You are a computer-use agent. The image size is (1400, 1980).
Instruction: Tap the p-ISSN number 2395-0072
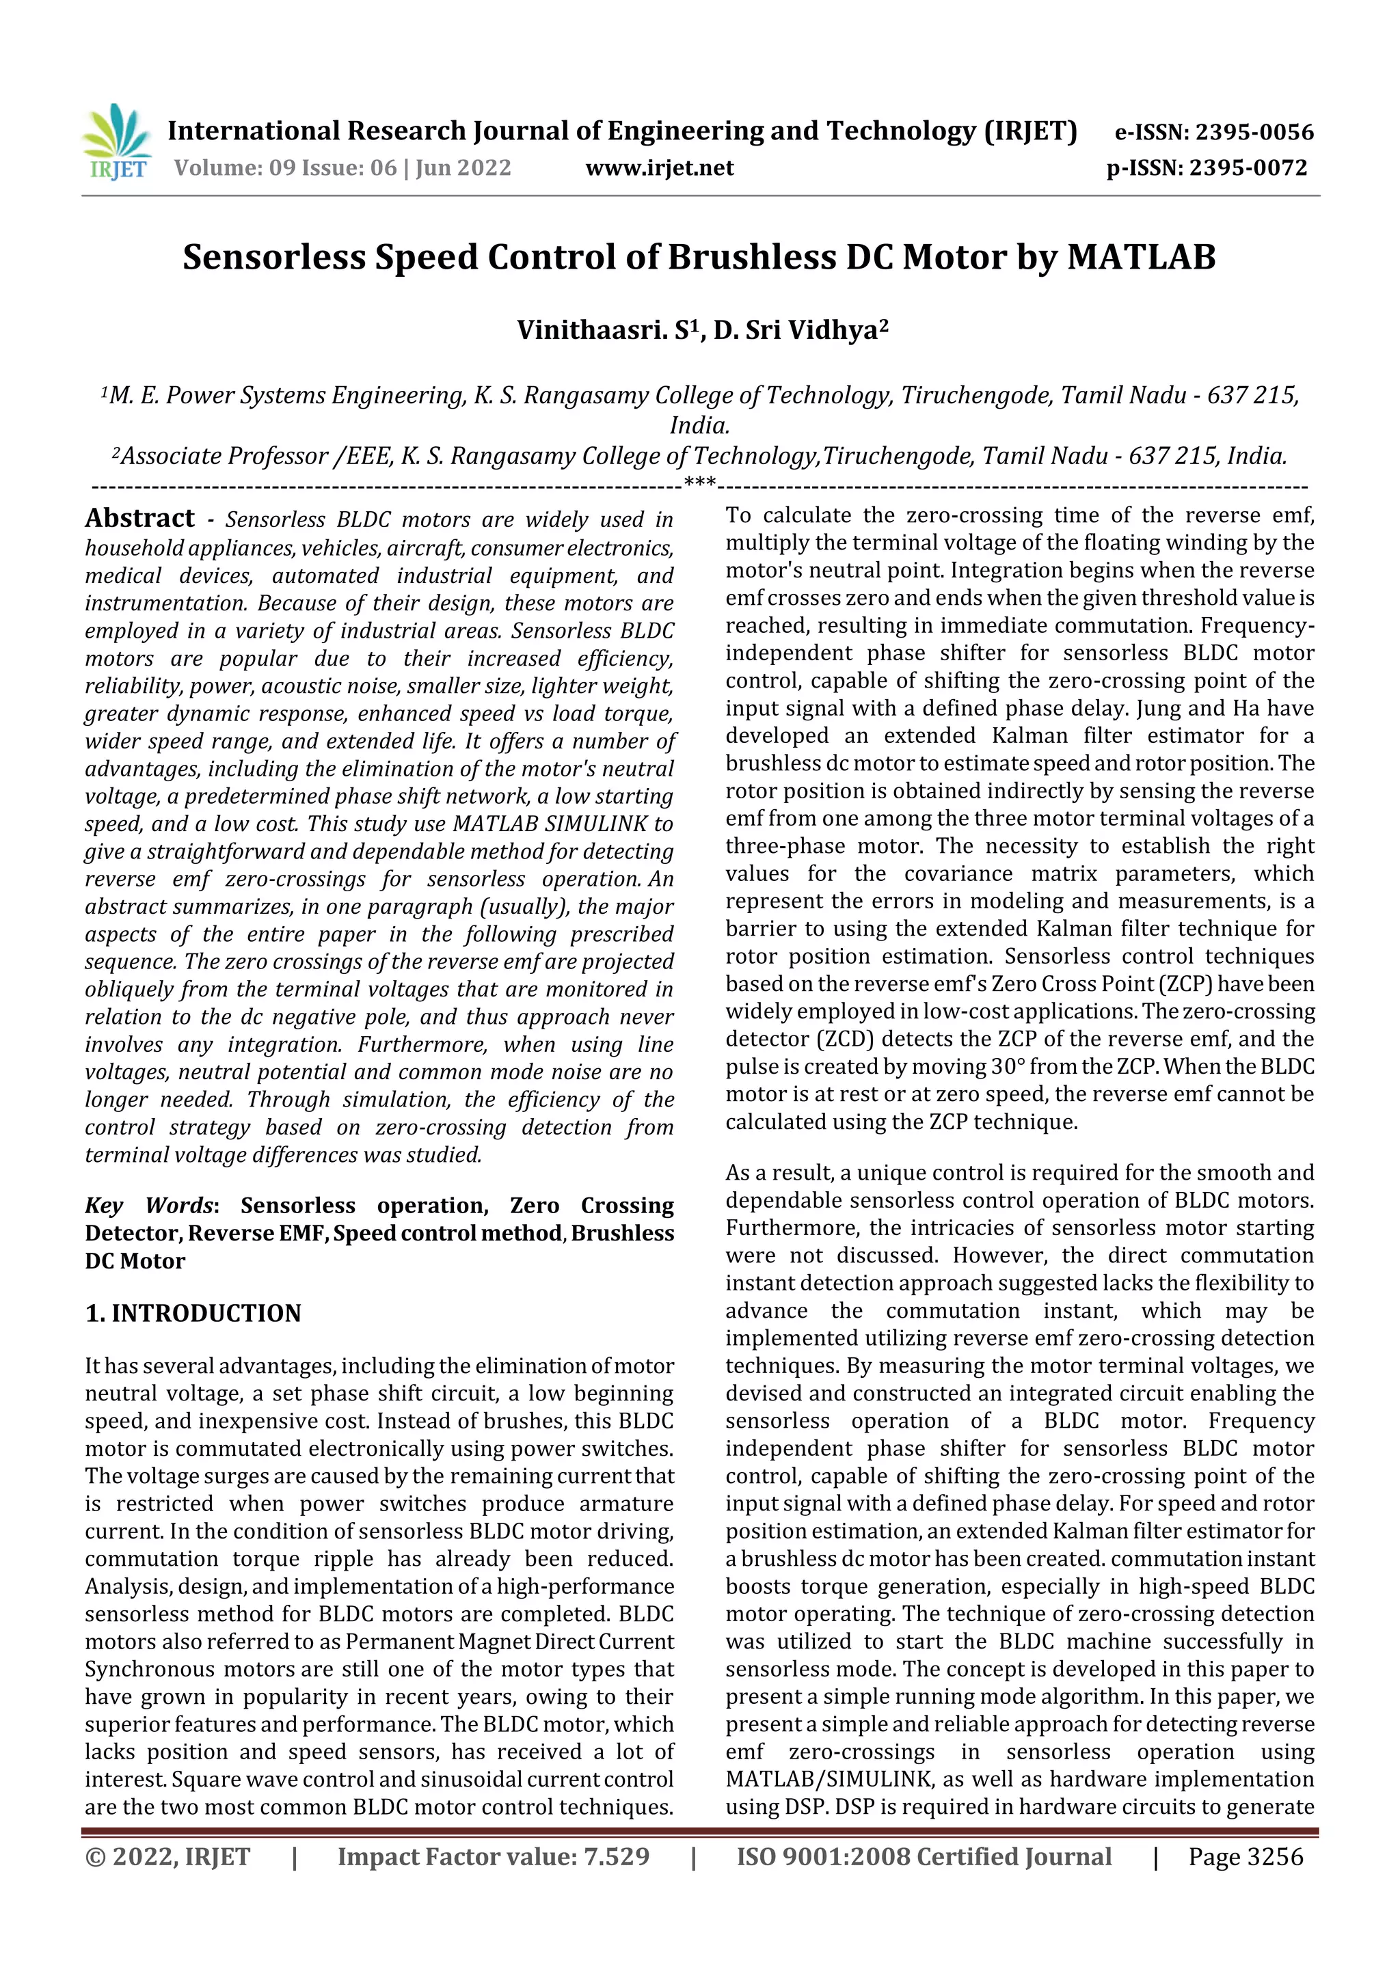click(x=1248, y=167)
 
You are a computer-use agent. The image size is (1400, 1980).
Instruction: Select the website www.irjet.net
click(x=659, y=167)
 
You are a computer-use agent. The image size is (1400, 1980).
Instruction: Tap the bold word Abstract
click(x=139, y=517)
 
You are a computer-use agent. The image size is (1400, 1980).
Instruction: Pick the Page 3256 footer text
click(x=1246, y=1856)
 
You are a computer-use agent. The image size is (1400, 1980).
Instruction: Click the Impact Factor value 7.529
click(x=616, y=1856)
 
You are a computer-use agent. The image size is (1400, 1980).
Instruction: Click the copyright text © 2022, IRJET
click(x=167, y=1856)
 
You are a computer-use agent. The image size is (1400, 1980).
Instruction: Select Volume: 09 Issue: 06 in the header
click(x=284, y=167)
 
